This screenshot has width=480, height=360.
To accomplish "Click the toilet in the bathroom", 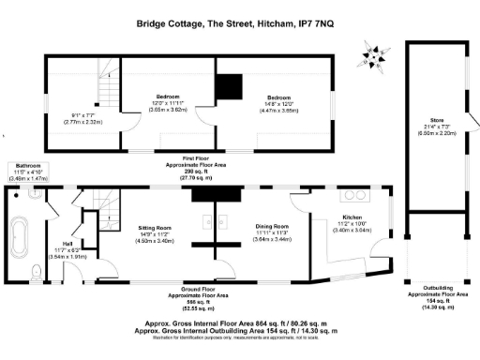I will tap(35, 273).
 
